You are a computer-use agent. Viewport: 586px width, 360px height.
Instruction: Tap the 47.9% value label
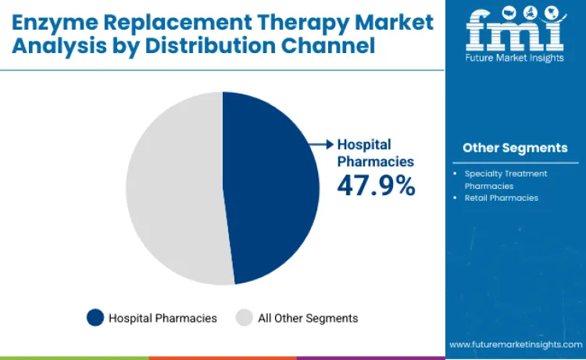(376, 186)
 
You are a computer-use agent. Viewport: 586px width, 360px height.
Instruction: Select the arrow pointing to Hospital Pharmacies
(321, 144)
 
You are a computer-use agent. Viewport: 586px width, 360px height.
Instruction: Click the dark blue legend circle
(95, 318)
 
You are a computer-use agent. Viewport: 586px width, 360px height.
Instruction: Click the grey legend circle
(245, 318)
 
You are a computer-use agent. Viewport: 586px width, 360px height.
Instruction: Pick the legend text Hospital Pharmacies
(163, 318)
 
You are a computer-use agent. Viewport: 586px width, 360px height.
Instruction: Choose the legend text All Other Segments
(308, 318)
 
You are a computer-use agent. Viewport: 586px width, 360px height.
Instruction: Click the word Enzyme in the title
(52, 22)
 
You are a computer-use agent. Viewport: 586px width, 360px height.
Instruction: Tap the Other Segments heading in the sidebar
(515, 148)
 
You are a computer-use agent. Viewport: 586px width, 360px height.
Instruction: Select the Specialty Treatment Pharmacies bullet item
(506, 180)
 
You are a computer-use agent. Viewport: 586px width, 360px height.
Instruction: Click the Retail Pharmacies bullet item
(501, 198)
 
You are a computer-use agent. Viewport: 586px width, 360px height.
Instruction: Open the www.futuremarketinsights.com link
(515, 344)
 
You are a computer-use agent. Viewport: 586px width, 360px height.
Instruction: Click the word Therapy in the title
(307, 22)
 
